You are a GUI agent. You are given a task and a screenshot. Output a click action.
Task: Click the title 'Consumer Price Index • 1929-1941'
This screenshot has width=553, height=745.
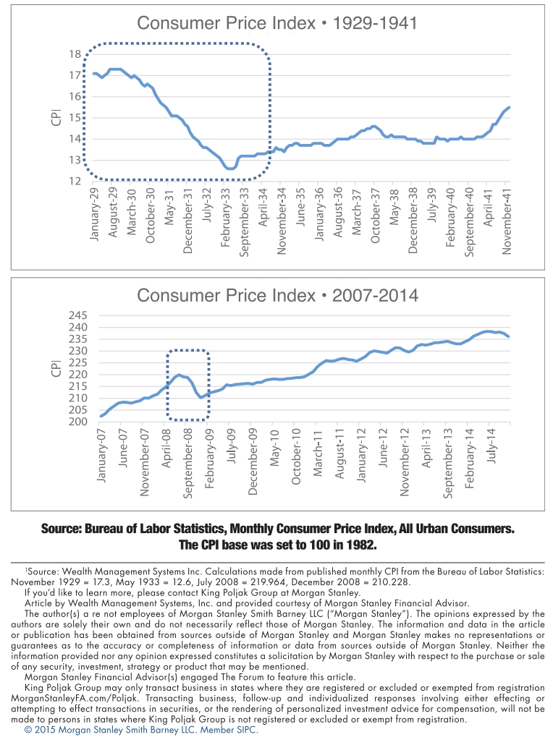pyautogui.click(x=277, y=24)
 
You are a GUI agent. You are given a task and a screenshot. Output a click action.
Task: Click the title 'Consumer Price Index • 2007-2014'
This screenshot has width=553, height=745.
pyautogui.click(x=277, y=296)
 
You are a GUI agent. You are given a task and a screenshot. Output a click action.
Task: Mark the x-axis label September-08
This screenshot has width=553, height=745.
pyautogui.click(x=187, y=462)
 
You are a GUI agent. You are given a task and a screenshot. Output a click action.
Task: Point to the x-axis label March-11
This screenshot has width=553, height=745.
pyautogui.click(x=318, y=452)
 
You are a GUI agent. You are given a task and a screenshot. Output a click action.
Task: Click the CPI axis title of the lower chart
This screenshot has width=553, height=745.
pyautogui.click(x=56, y=368)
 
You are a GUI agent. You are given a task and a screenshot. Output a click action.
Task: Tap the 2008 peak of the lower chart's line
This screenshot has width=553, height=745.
pyautogui.click(x=179, y=375)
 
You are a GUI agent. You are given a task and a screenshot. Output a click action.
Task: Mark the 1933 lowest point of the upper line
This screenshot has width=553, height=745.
pyautogui.click(x=230, y=169)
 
